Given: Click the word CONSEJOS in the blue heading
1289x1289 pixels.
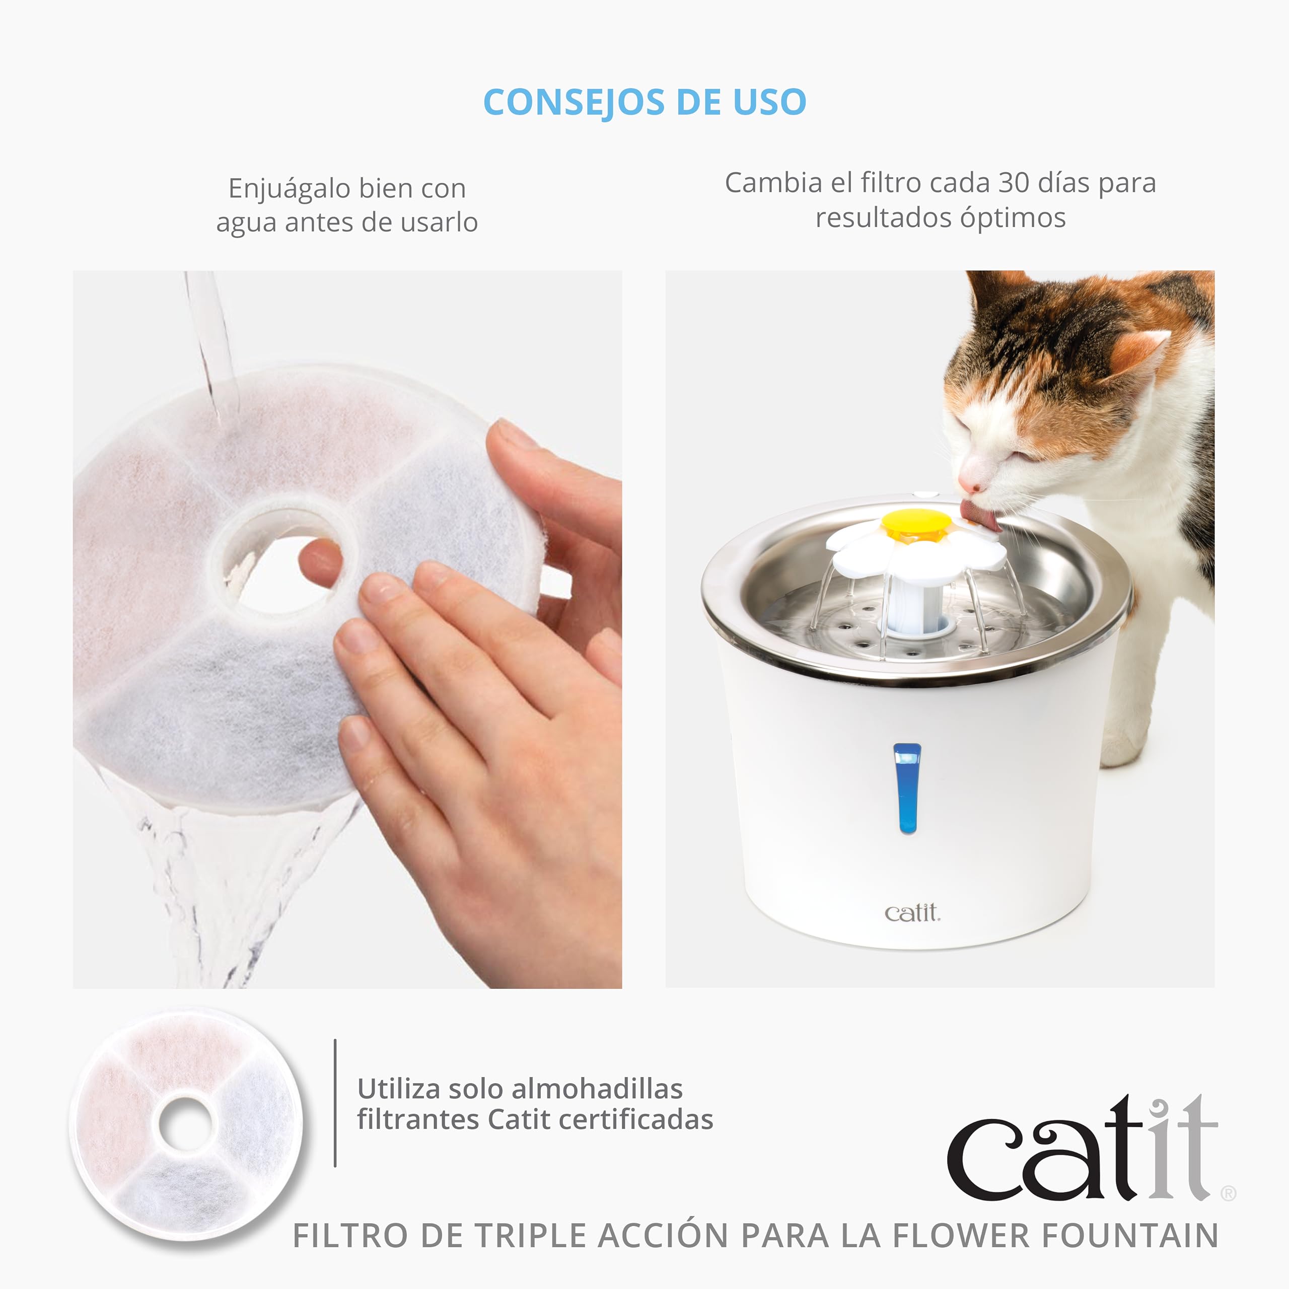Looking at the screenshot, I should pyautogui.click(x=574, y=102).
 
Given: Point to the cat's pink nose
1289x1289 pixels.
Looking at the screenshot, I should pyautogui.click(x=968, y=485).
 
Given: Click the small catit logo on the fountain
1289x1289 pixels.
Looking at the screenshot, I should pyautogui.click(x=912, y=913).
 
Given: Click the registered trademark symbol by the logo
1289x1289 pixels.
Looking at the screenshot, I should pyautogui.click(x=1228, y=1194).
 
